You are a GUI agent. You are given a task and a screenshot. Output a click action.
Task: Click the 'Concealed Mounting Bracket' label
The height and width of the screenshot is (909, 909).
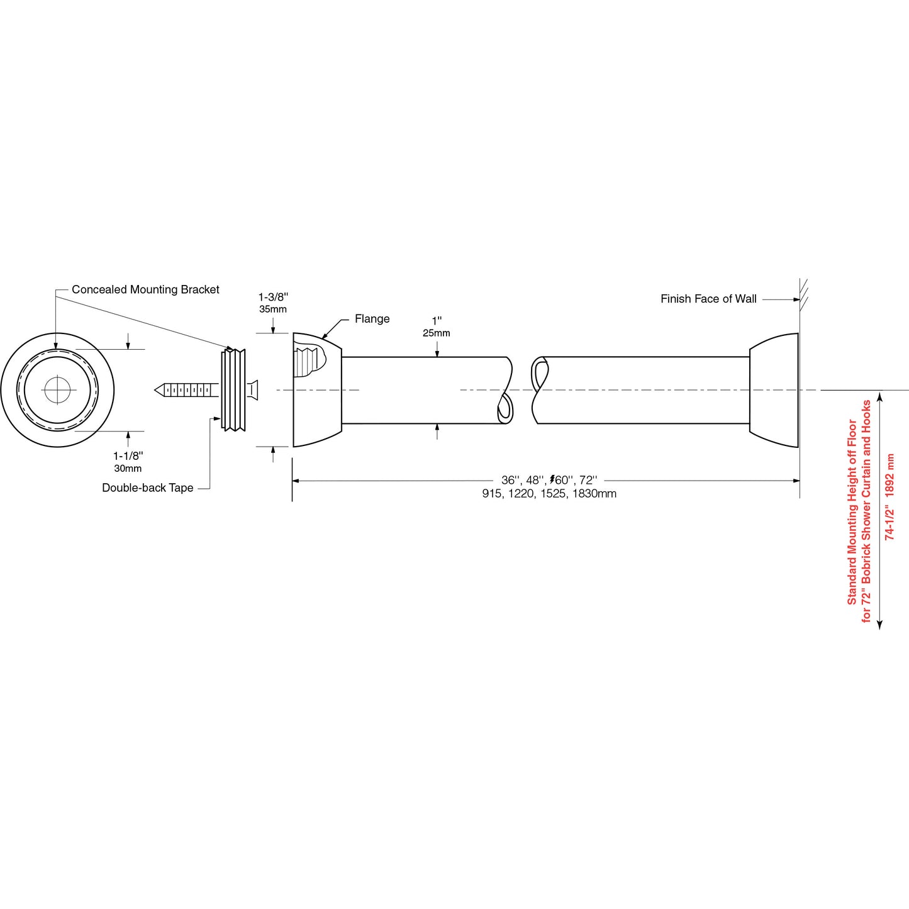coord(145,289)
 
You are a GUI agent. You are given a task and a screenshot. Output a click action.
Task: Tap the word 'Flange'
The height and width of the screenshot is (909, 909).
coord(372,319)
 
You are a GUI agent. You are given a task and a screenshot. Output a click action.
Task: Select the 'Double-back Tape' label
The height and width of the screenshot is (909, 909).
coord(147,488)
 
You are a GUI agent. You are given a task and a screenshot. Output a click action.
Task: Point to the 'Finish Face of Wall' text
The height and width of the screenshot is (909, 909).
coord(708,299)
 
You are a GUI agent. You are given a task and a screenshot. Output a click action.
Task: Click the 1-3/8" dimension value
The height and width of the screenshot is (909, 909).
coord(273,297)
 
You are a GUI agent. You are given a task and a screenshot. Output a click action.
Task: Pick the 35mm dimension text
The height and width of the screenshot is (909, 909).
coord(273,310)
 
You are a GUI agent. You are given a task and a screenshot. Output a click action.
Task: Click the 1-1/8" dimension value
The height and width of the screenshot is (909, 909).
coord(128,456)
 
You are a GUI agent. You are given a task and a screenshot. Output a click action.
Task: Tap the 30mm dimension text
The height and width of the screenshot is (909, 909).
coord(128,469)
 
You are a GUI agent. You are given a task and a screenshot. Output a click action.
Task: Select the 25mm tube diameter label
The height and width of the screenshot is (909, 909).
coord(437,333)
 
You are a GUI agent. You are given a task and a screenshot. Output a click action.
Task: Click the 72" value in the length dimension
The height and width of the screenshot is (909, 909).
coord(588,481)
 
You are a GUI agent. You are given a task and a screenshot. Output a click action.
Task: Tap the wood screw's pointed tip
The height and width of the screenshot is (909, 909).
coord(157,391)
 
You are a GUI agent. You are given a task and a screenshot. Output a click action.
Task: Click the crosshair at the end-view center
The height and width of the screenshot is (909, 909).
coord(57,391)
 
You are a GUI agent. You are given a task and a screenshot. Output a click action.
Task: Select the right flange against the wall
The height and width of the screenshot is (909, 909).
coord(774,390)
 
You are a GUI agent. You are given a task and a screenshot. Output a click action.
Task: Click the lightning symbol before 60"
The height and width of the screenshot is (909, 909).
coord(552,480)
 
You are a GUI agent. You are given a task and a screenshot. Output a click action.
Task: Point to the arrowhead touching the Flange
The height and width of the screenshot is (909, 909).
coord(325,338)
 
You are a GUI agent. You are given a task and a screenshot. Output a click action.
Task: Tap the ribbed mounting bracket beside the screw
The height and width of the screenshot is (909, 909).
coord(233,390)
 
